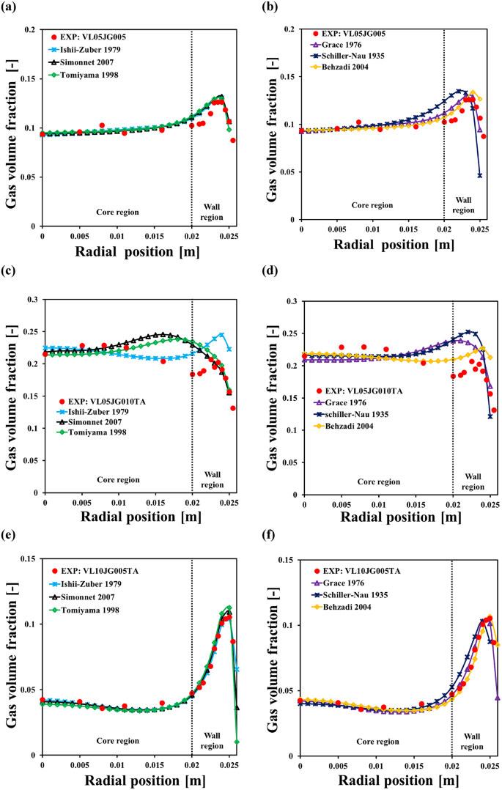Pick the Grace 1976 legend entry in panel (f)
coord(347,583)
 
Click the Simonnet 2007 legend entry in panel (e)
coord(91,597)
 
